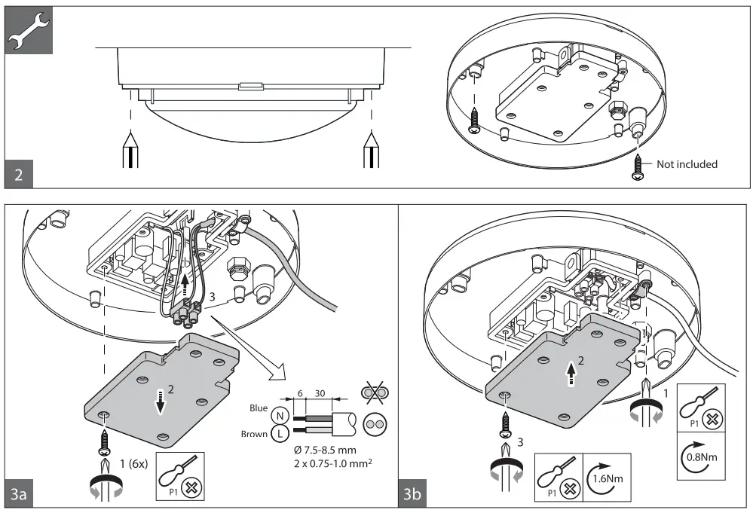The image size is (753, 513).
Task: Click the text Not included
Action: point(687,163)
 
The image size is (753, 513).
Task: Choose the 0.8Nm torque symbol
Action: point(702,456)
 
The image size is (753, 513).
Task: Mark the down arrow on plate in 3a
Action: point(160,404)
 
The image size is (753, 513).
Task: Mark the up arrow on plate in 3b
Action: point(571,372)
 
